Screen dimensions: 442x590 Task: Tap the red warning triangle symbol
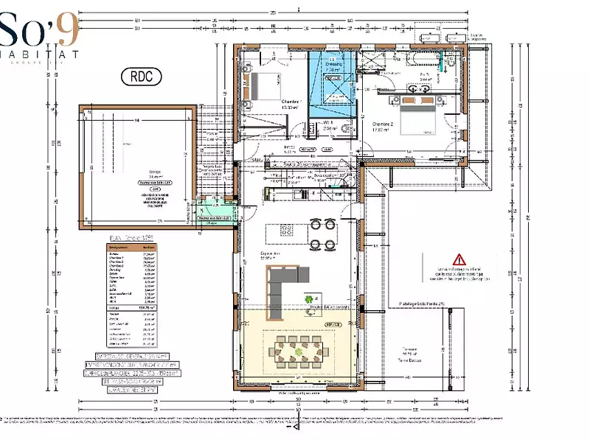[x=459, y=259]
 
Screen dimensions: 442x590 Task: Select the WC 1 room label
[x=326, y=122]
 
